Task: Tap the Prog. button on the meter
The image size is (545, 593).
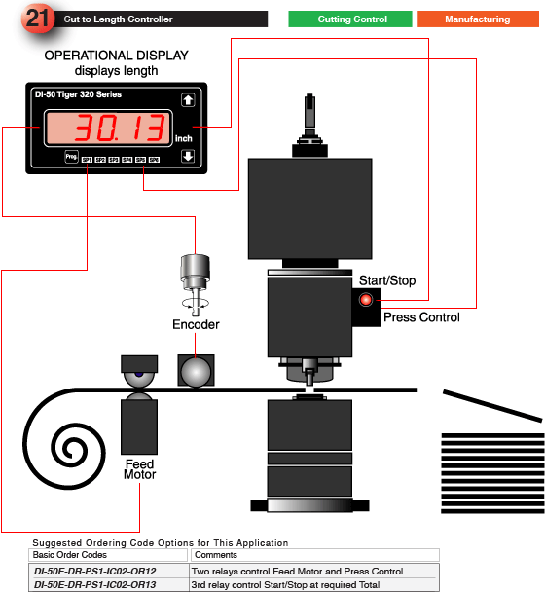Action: [71, 157]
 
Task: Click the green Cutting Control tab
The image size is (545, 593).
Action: [351, 19]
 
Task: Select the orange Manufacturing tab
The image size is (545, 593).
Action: [478, 19]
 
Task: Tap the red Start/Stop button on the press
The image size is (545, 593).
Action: [367, 300]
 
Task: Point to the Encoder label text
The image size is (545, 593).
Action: [196, 324]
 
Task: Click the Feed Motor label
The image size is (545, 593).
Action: [139, 469]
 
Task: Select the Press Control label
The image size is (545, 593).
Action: [421, 317]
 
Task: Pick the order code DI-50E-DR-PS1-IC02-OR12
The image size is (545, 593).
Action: [95, 571]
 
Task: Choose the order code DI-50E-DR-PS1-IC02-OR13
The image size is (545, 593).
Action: [95, 584]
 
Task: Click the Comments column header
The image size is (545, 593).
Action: [215, 555]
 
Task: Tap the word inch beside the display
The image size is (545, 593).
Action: [183, 139]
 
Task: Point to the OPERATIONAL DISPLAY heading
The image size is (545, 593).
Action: [117, 56]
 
